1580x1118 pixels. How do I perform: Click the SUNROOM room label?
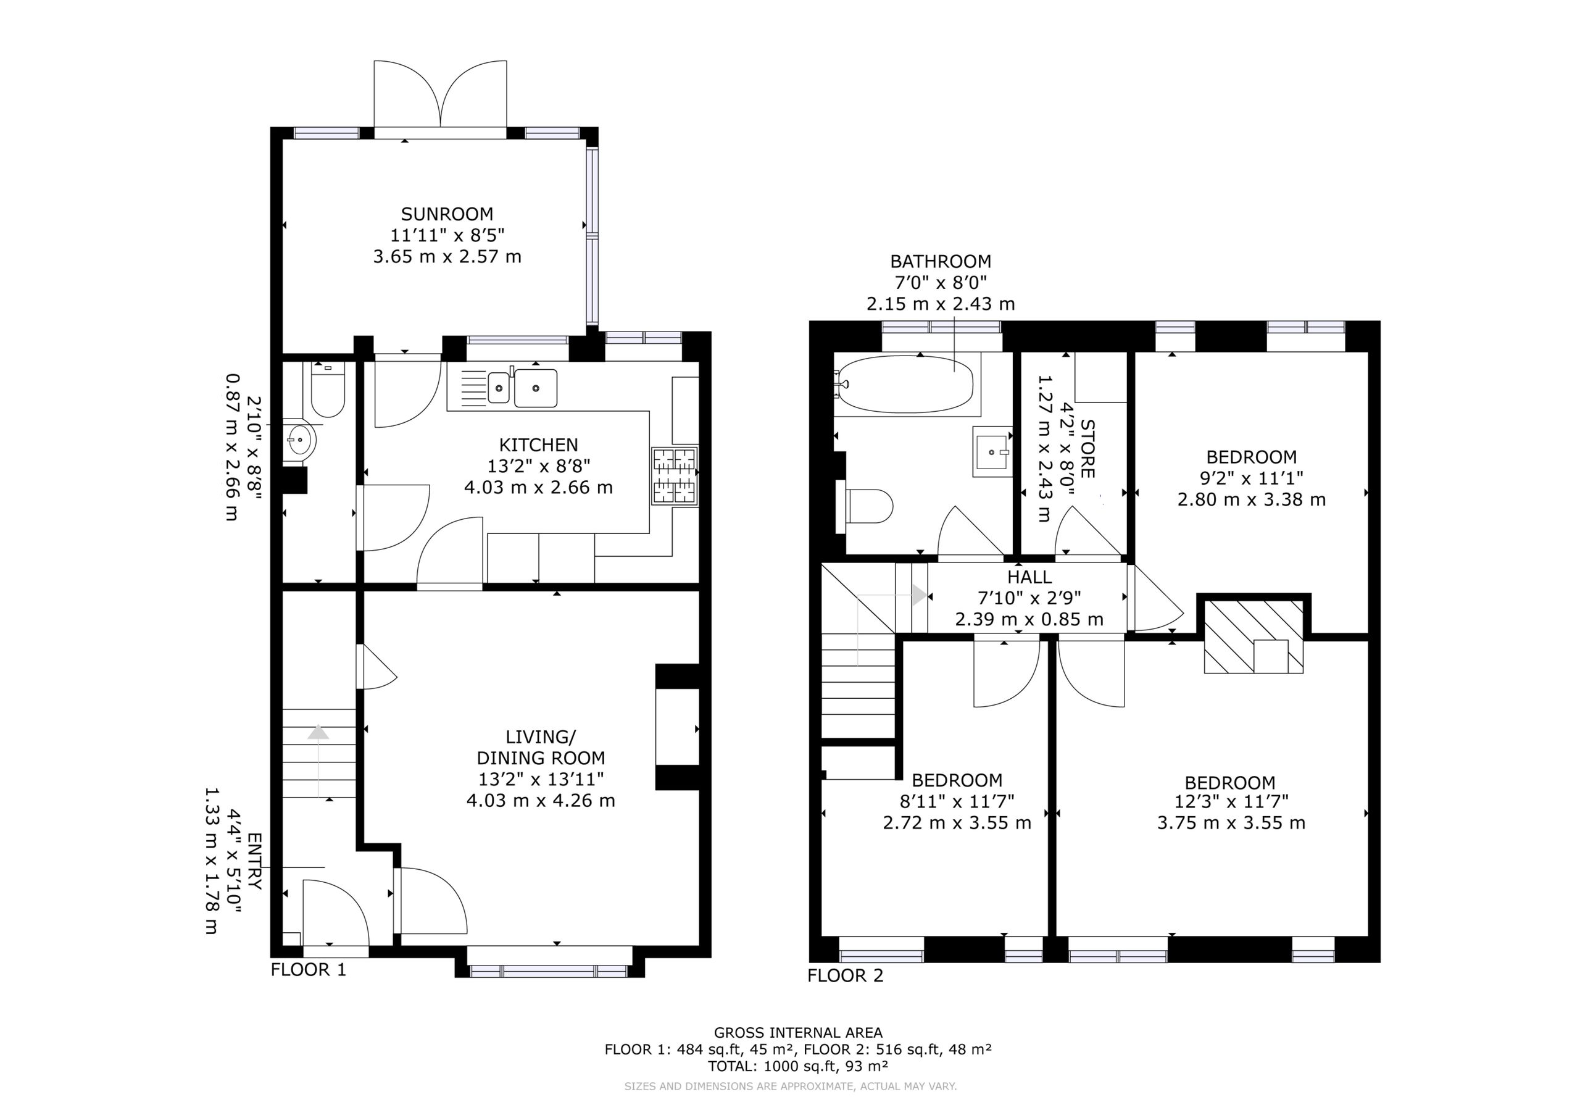[447, 214]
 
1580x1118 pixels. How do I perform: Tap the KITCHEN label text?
[539, 444]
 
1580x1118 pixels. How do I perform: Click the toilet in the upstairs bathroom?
[865, 506]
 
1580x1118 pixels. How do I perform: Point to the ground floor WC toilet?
[328, 389]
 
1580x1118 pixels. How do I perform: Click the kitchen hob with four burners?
[675, 477]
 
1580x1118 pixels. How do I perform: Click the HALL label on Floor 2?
[1029, 577]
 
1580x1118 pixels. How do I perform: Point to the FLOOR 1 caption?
[309, 970]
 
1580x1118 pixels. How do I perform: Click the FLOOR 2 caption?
[845, 975]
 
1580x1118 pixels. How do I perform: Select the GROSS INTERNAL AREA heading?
[798, 1033]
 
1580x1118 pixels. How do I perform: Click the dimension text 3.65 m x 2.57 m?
[447, 257]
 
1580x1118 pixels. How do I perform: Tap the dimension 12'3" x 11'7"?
[1231, 801]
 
